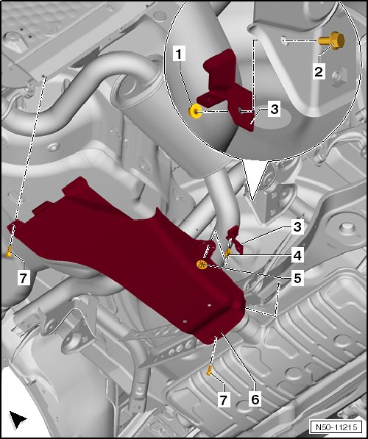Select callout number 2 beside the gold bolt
tap(319, 71)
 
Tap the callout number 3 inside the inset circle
tap(274, 109)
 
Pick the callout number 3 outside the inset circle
tap(297, 226)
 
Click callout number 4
tap(297, 255)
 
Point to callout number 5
tap(297, 278)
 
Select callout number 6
tap(255, 399)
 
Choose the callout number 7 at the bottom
tap(224, 399)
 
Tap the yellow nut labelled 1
tap(195, 111)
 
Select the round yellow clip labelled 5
tap(202, 264)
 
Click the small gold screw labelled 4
tap(227, 253)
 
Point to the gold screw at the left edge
tap(9, 252)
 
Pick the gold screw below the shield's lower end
tap(209, 370)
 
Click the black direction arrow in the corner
tap(17, 419)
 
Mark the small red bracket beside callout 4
tap(235, 238)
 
